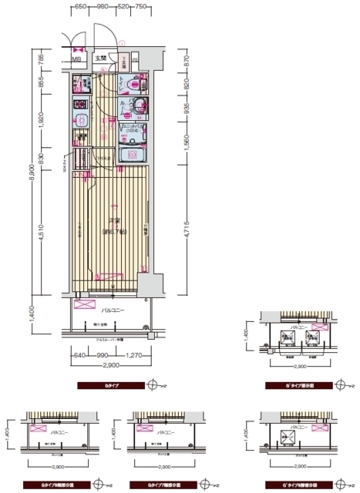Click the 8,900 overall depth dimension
coord(31,175)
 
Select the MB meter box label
coord(77,58)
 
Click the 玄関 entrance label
coord(101,57)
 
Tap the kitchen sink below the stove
coord(80,119)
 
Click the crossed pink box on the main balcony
coord(83,304)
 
